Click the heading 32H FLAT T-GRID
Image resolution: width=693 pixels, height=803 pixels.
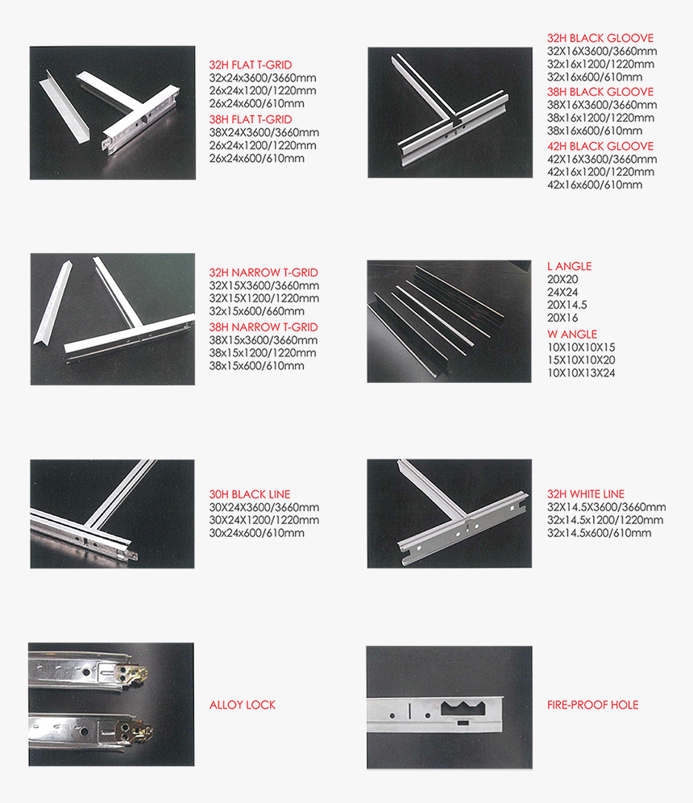(250, 64)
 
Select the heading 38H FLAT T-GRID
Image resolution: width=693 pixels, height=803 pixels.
(250, 119)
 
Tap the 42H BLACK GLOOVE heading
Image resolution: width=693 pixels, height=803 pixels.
(600, 146)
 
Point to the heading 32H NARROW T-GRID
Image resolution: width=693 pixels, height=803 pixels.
(264, 273)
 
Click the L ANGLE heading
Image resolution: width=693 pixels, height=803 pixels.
(569, 266)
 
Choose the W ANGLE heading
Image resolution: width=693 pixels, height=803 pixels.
(572, 334)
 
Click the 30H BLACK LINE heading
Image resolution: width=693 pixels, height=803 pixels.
(250, 494)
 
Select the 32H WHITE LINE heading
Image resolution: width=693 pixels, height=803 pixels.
(586, 494)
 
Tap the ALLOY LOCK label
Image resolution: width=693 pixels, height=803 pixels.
(243, 705)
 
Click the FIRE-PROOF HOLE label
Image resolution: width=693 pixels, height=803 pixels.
(592, 705)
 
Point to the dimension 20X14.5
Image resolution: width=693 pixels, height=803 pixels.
(566, 305)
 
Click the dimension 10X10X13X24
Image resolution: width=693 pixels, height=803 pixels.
(581, 372)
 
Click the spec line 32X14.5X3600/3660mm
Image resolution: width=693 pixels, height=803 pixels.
(606, 507)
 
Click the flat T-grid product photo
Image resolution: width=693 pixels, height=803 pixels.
(113, 112)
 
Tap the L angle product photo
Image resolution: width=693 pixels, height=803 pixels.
(449, 321)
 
